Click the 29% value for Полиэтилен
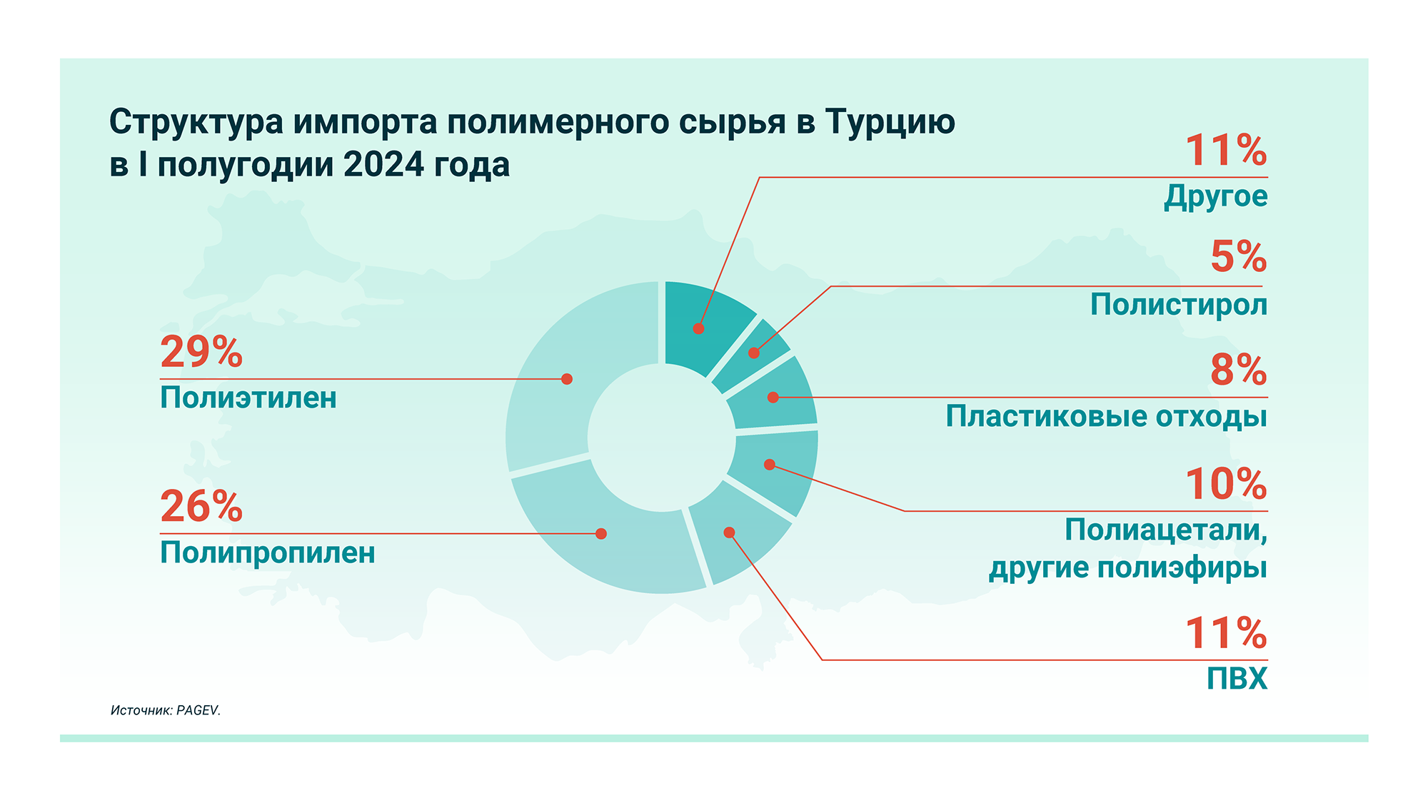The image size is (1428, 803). click(x=201, y=352)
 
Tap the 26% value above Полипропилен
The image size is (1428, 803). click(x=201, y=507)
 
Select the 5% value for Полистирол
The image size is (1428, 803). click(x=1239, y=256)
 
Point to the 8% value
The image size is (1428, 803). click(x=1239, y=370)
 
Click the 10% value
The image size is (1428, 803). click(x=1227, y=484)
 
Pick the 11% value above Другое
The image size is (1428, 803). click(x=1227, y=151)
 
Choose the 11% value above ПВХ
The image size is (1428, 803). click(x=1227, y=633)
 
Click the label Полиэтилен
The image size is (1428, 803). click(x=248, y=398)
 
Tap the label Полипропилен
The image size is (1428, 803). click(x=268, y=552)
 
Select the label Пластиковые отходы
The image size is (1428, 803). click(x=1107, y=416)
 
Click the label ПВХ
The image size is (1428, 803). click(x=1237, y=679)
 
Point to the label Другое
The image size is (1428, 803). click(x=1216, y=196)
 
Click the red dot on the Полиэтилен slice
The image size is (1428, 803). click(x=567, y=379)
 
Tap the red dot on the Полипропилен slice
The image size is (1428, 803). click(x=601, y=534)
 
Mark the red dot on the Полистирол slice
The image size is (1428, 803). click(x=754, y=353)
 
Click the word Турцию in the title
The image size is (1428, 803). click(x=890, y=123)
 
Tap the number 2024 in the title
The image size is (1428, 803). click(x=384, y=165)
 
